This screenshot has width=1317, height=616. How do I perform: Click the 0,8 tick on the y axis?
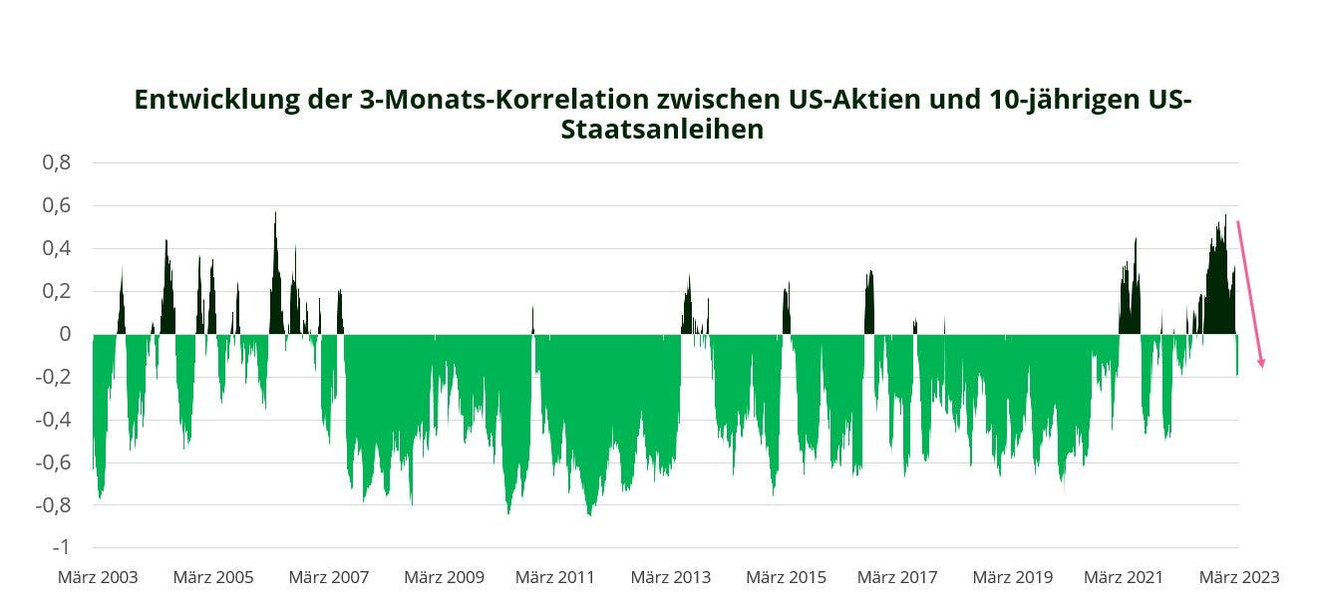click(56, 162)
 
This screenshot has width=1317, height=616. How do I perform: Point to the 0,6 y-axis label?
click(56, 205)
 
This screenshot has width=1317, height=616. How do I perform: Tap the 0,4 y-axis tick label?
click(56, 248)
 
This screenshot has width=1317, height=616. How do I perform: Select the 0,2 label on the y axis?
click(56, 291)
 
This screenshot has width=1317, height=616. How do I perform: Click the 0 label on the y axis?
click(65, 334)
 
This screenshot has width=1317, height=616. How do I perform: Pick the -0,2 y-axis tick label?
click(52, 377)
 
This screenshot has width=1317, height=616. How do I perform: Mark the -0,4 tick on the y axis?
click(52, 420)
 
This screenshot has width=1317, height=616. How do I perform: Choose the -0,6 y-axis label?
click(52, 462)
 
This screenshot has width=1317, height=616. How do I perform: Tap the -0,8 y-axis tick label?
click(52, 505)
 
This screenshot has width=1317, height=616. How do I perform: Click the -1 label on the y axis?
click(60, 548)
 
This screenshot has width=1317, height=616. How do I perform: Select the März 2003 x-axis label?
click(98, 577)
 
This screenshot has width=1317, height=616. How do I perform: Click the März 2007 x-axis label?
click(328, 577)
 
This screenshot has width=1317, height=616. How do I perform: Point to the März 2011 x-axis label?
click(554, 577)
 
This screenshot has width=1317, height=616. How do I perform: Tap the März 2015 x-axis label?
click(786, 577)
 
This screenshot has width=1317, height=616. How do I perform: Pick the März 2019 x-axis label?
click(1012, 577)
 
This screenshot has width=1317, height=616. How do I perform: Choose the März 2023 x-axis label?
click(1238, 577)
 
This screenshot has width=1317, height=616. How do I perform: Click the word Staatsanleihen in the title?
click(662, 131)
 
